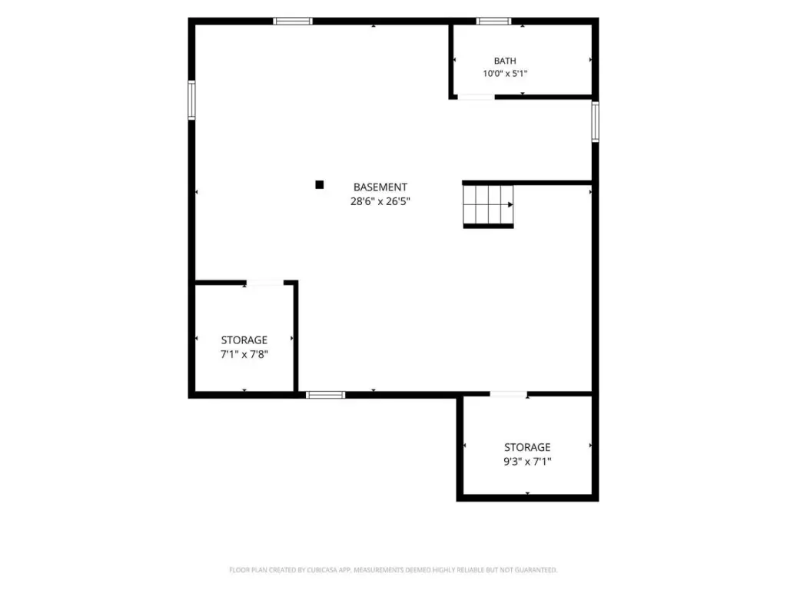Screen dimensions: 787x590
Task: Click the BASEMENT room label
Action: (380, 187)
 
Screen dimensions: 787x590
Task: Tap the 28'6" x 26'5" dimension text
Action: (380, 201)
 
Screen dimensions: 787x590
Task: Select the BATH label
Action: (505, 61)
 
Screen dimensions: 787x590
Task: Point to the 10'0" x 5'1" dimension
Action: (505, 73)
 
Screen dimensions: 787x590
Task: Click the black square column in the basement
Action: (319, 184)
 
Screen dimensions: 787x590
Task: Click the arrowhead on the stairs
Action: (510, 204)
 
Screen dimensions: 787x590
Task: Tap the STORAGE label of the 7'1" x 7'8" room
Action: (244, 340)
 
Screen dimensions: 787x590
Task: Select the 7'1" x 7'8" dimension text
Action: (244, 354)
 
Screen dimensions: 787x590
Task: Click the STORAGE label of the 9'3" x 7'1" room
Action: (527, 447)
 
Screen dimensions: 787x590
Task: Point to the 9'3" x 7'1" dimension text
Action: (527, 461)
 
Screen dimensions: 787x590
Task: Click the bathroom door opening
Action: (476, 97)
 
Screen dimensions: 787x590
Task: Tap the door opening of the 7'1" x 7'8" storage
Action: (264, 283)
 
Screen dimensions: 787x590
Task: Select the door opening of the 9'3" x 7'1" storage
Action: (509, 394)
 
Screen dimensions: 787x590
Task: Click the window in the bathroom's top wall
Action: (493, 21)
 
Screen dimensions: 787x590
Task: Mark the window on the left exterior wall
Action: (191, 101)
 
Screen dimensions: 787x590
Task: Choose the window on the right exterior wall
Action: (596, 122)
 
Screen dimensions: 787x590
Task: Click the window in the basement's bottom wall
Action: (325, 395)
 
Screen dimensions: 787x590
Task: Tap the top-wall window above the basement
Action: (293, 21)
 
